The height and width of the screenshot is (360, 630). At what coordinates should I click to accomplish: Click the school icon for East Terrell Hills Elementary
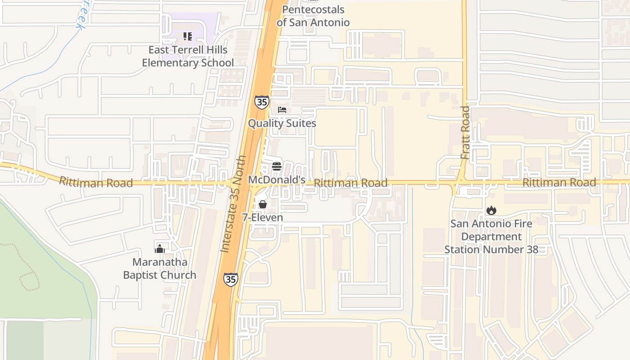pos(187,36)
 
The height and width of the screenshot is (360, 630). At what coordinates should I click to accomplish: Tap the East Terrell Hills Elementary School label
pos(188,56)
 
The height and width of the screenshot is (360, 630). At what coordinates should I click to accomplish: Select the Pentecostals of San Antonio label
pos(313,16)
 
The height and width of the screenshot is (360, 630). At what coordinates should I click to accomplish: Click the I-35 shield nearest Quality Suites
pos(261,102)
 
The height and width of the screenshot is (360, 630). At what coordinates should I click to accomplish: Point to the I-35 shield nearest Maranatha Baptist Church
pos(230,279)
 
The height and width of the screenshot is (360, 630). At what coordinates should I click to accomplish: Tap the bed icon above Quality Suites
pos(282,110)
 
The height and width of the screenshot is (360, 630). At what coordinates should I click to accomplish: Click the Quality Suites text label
pos(282,123)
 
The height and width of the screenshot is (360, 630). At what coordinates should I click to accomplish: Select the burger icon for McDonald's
pos(277,166)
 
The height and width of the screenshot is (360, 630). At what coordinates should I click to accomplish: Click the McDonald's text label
pos(277,180)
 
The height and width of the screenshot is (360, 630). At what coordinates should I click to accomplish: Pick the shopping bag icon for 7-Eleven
pos(263,204)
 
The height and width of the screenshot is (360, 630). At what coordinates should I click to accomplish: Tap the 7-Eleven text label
pos(263,218)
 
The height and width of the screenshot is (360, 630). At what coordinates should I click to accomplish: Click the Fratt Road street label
pos(465,132)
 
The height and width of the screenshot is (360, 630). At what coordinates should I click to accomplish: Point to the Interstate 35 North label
pos(234,204)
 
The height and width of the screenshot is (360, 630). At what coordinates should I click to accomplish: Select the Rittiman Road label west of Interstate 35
pos(96,182)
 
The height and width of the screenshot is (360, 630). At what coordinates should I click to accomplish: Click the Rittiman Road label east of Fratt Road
pos(559,182)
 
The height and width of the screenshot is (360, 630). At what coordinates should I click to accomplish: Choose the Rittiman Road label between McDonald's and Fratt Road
pos(351,183)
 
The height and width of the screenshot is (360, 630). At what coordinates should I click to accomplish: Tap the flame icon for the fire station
pos(491,210)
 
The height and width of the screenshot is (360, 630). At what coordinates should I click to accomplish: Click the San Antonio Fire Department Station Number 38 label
pos(491,237)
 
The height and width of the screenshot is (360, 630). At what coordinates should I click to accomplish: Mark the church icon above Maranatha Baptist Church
pos(160,248)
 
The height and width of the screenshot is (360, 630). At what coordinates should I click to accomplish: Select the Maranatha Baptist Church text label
pos(160,269)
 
